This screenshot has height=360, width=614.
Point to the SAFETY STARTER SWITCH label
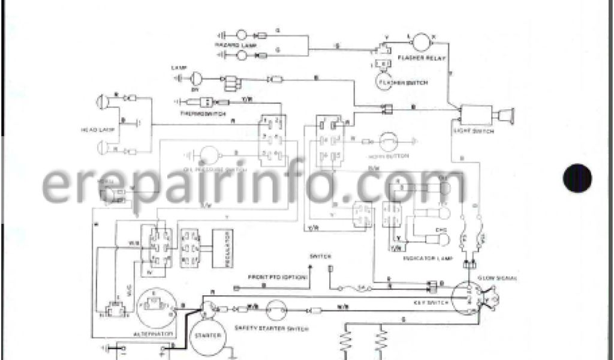click(272, 328)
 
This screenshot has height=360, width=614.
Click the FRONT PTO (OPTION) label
click(278, 277)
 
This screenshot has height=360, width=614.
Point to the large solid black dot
click(577, 178)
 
